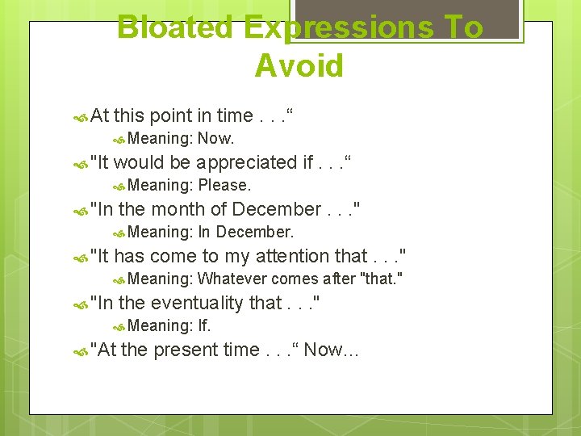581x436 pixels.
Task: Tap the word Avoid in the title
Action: tap(299, 65)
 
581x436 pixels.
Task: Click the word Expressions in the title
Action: tap(340, 27)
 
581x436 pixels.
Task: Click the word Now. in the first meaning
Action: tap(216, 139)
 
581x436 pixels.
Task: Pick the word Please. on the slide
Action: tap(225, 186)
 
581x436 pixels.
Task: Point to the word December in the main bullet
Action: tap(276, 209)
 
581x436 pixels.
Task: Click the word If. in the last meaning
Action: tap(204, 326)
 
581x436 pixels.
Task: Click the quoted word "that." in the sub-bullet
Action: tap(382, 279)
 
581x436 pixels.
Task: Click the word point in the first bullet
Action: tap(177, 115)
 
